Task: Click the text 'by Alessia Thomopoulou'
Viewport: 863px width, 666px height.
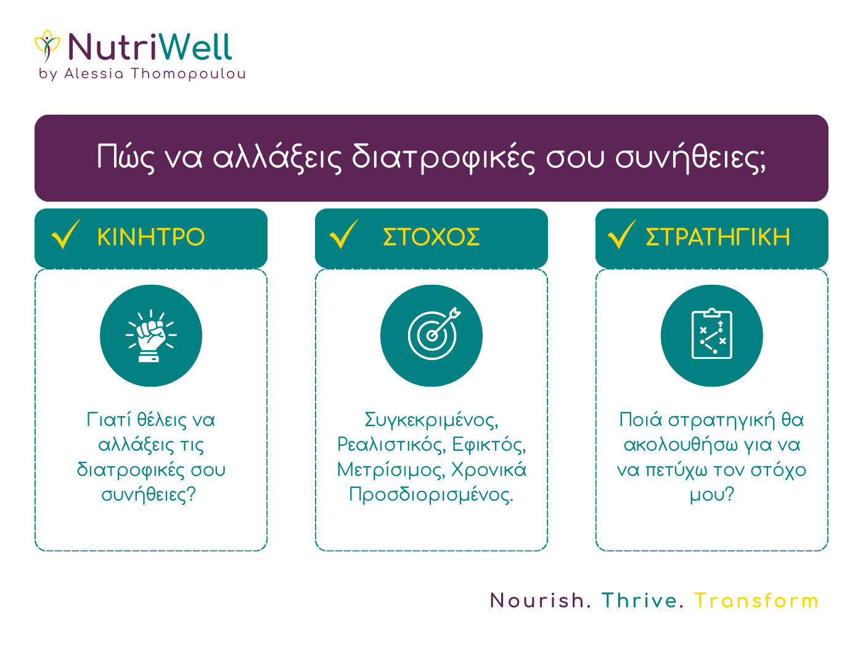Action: coord(142,74)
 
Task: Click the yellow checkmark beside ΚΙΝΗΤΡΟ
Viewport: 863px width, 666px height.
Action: coord(66,234)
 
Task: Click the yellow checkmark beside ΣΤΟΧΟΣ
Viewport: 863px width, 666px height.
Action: coord(344,234)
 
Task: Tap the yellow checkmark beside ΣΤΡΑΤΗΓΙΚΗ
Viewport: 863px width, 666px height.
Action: coord(622,234)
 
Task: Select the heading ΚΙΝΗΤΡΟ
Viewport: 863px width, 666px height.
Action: coord(151,237)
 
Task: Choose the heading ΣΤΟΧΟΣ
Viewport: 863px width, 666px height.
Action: coord(431,237)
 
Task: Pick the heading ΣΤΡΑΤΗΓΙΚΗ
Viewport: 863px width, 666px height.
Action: coord(718,237)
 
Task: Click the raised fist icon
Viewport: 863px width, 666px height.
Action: coord(151,335)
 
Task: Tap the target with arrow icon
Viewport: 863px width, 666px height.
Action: coord(434,334)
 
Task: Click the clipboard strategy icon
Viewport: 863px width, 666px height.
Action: coord(712,334)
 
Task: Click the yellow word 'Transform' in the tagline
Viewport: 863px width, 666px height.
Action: coord(756,601)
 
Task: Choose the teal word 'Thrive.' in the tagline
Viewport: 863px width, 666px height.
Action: coord(642,601)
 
